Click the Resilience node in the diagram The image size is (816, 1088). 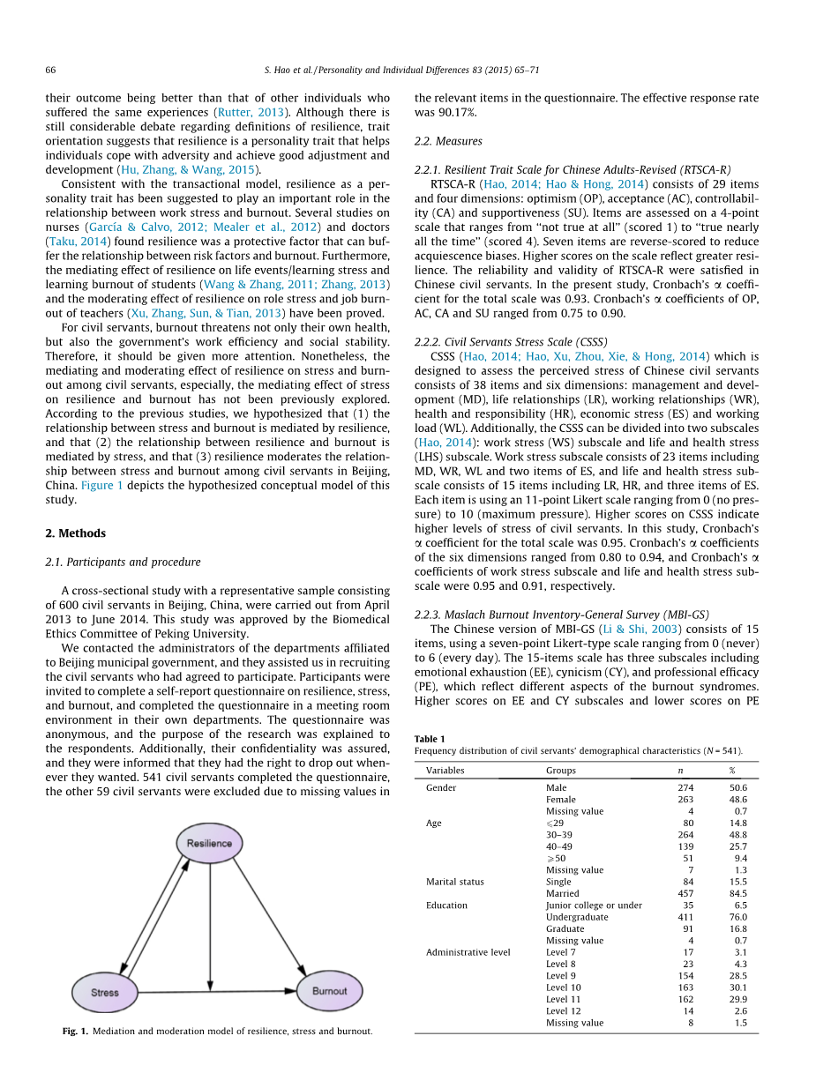pos(209,843)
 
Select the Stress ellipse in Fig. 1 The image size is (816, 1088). pos(105,992)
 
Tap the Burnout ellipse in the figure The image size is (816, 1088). pos(330,991)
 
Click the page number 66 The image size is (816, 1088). pos(50,69)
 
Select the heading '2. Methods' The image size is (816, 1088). pos(75,533)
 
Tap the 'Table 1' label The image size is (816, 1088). pos(430,738)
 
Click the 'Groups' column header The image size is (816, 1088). pos(561,771)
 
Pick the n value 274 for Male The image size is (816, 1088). pos(685,787)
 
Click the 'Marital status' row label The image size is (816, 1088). pos(454,882)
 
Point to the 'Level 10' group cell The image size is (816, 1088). pos(563,987)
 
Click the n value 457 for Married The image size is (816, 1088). pos(685,893)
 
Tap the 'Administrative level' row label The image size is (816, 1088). pos(468,952)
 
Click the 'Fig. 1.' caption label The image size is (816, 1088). pos(75,1031)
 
